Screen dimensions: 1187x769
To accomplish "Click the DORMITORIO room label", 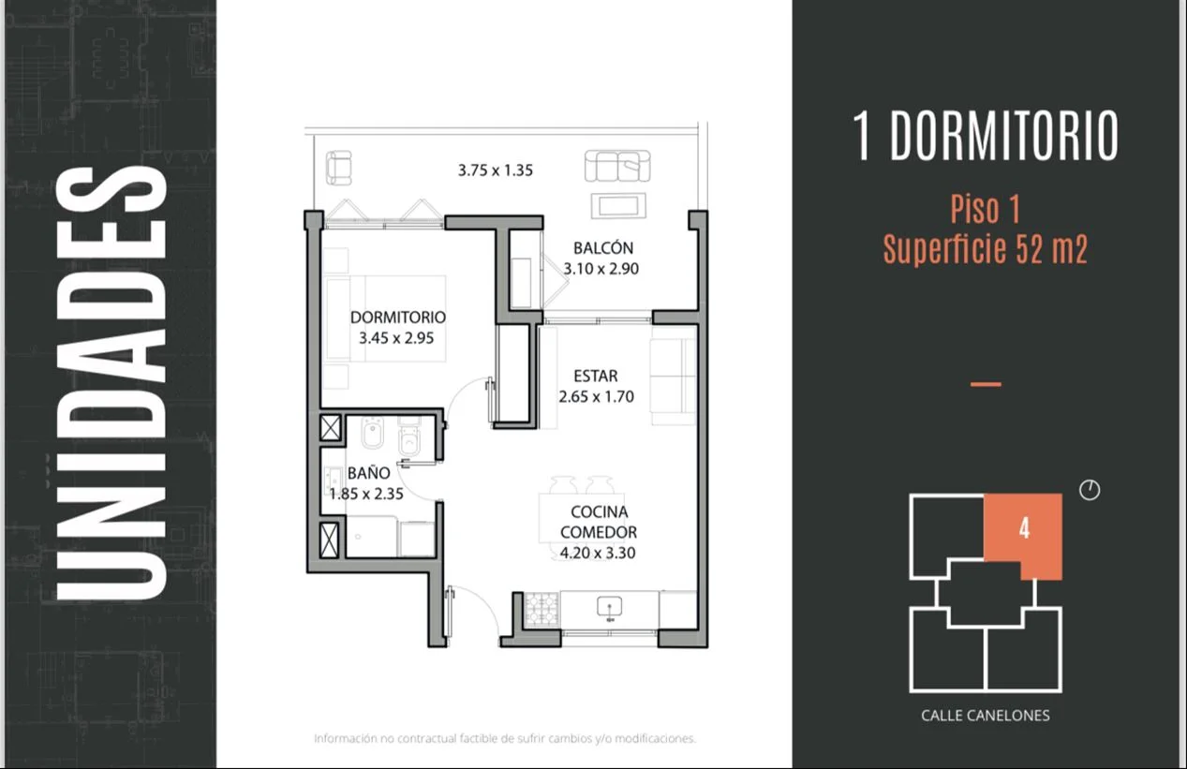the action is pos(398,317).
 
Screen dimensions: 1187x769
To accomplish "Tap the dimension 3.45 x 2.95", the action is pos(396,338).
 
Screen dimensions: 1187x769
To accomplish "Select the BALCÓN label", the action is pos(603,247).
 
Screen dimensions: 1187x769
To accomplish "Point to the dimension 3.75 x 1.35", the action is pos(496,170).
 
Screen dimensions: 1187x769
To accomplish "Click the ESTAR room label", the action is pos(596,376).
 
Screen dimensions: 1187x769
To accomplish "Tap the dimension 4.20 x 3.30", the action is pos(597,553).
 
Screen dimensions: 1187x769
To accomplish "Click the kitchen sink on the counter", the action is pos(609,607).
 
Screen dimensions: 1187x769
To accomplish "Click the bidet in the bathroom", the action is pos(373,433).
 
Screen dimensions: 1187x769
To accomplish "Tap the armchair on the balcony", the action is pos(338,168).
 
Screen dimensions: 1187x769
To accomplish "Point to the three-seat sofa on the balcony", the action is pos(617,166).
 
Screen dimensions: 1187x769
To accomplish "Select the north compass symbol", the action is pos(1090,490).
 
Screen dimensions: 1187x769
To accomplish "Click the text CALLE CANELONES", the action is pos(985,716).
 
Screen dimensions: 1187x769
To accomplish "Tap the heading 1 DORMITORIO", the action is pos(985,136).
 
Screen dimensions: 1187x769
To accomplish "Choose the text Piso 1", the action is pos(986,209).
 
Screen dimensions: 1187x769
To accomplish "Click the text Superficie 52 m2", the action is pos(986,249).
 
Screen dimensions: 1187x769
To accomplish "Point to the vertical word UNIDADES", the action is pos(111,383).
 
